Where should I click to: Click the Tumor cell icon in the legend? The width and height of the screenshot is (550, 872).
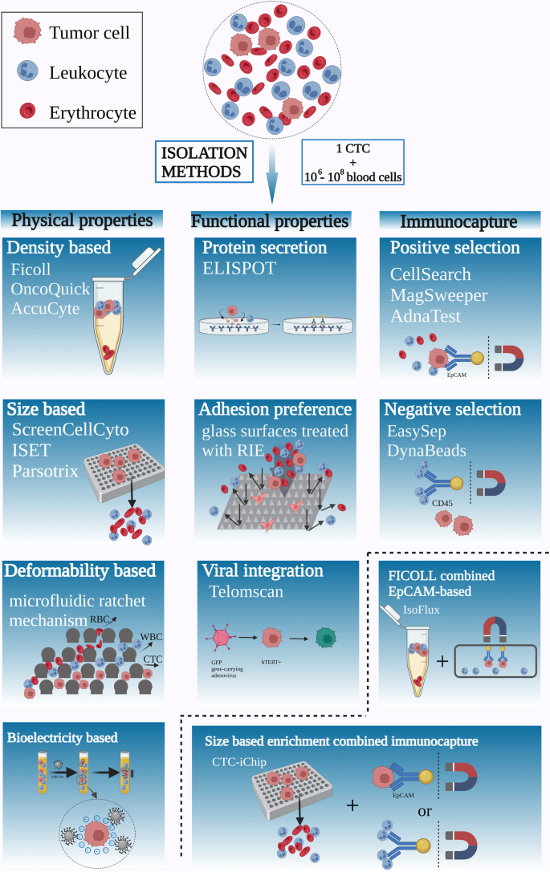pos(30,32)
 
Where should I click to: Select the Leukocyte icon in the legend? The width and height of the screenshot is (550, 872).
pos(30,73)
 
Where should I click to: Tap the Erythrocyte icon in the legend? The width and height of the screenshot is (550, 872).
pos(30,112)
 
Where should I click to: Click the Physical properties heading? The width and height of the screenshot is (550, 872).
pos(84,219)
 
